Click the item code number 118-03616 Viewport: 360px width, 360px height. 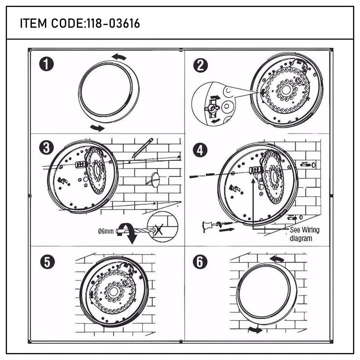[x=113, y=24]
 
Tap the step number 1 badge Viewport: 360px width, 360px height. [x=46, y=65]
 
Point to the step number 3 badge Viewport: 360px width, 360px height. [x=46, y=148]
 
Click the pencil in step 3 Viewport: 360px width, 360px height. [x=143, y=148]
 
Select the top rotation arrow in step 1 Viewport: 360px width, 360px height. [x=119, y=57]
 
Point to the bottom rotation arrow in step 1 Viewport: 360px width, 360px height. [x=97, y=127]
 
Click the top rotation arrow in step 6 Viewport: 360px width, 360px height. [x=276, y=259]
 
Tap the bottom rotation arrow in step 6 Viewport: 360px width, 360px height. [x=255, y=330]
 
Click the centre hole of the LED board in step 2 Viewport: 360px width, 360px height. [x=286, y=90]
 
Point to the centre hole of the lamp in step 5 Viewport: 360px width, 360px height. [x=114, y=292]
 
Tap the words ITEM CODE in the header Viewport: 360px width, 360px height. [x=51, y=24]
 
